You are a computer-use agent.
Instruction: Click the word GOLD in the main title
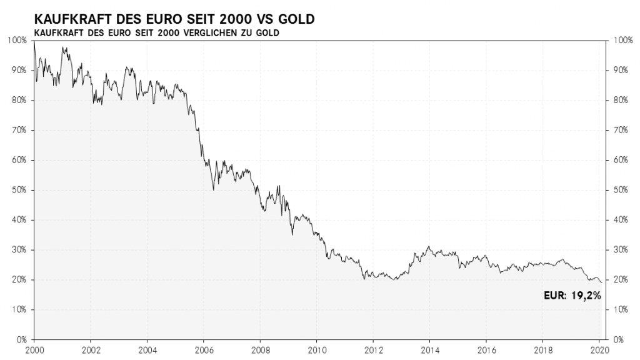pos(296,19)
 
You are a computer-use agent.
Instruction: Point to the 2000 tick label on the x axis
pos(34,350)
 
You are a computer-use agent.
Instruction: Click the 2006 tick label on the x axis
pos(204,350)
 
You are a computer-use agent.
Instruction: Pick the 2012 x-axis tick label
pos(373,350)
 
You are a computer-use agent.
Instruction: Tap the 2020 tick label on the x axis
pos(599,350)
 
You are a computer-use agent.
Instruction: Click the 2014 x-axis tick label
pos(430,350)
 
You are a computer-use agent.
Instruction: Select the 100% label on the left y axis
pos(17,41)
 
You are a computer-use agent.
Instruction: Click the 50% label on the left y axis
pos(19,190)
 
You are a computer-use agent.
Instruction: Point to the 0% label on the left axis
pos(21,339)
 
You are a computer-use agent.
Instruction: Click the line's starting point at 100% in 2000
pos(34,41)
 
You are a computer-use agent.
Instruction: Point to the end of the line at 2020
pos(601,282)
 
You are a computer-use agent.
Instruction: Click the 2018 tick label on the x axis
pos(543,350)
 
